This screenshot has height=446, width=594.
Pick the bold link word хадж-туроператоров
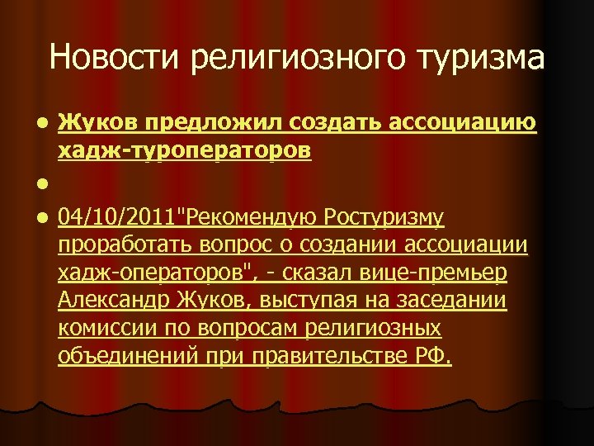(x=184, y=152)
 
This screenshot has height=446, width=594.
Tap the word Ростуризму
(x=385, y=219)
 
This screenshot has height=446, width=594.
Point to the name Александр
(x=110, y=301)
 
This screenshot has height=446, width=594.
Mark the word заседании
(x=458, y=301)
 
